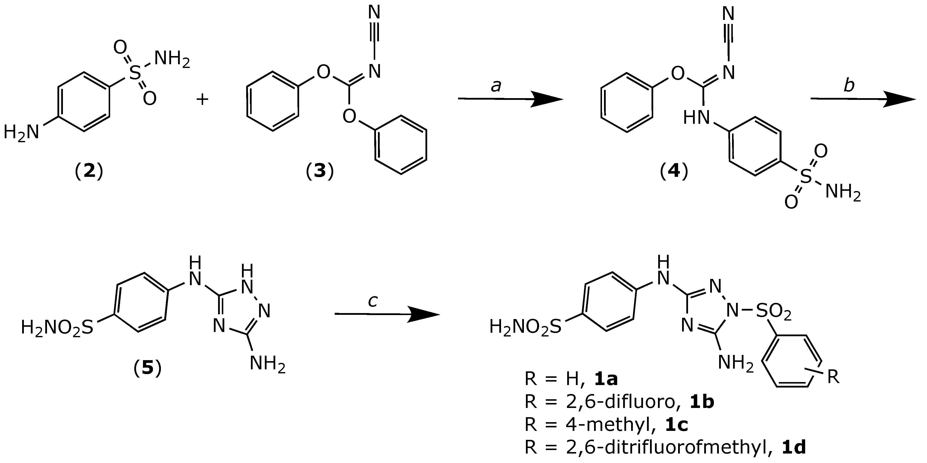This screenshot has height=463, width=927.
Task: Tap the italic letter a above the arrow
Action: pyautogui.click(x=496, y=86)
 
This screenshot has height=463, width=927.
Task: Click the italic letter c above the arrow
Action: pyautogui.click(x=372, y=301)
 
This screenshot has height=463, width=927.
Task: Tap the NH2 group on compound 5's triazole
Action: pyautogui.click(x=267, y=363)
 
